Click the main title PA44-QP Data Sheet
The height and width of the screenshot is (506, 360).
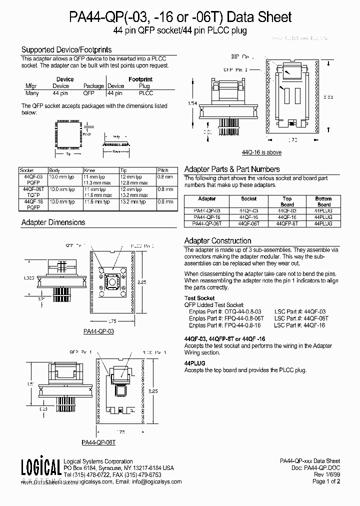[x=180, y=17]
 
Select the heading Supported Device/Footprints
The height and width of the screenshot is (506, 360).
[x=66, y=49]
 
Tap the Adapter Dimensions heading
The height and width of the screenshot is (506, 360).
[x=53, y=222]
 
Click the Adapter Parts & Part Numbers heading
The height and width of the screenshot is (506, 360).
[x=232, y=169]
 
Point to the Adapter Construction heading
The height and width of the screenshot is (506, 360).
[x=217, y=240]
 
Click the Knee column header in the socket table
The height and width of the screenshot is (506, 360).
[x=89, y=170]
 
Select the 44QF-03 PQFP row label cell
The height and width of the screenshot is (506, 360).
[x=33, y=180]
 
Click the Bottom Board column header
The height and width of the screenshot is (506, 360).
[x=323, y=201]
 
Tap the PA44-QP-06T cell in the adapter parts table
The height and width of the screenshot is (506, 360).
[x=207, y=224]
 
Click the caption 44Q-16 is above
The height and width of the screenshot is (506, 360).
[x=261, y=152]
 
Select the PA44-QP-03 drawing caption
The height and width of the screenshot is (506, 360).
[x=98, y=331]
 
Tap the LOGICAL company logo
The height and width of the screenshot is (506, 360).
[x=40, y=468]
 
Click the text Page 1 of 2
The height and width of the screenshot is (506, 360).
[x=326, y=481]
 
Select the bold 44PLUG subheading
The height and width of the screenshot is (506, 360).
[x=195, y=363]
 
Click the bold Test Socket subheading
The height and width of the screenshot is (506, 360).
[x=199, y=298]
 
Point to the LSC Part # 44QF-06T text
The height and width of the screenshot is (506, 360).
[x=301, y=318]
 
